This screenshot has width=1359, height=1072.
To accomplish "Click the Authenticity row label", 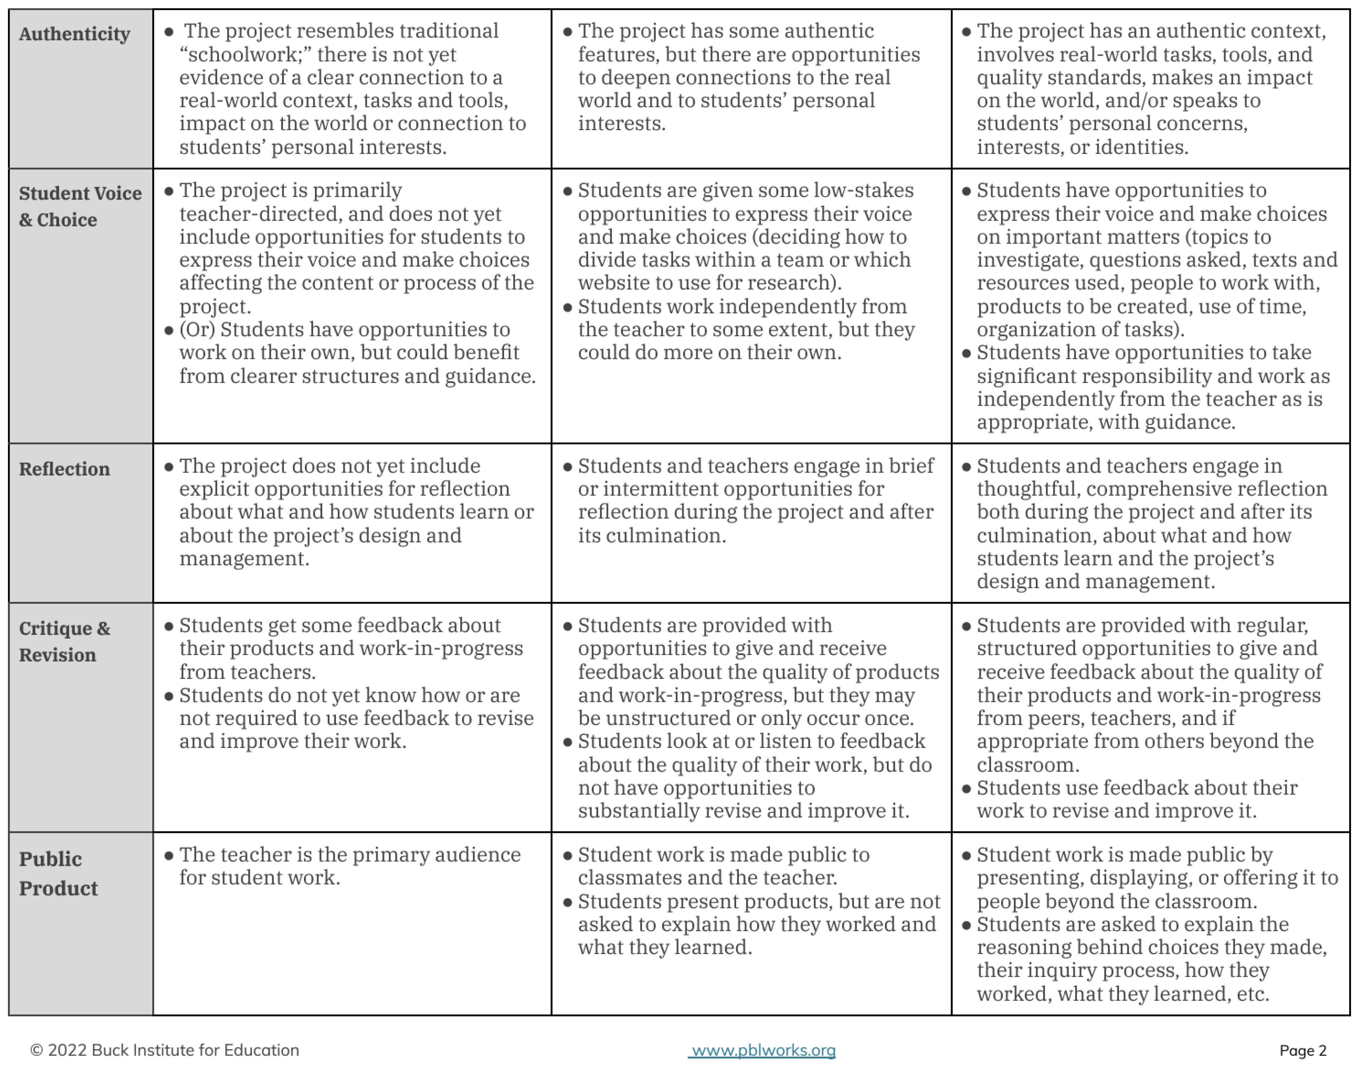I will coord(74,34).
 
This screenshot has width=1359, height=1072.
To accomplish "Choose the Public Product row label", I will coord(58,873).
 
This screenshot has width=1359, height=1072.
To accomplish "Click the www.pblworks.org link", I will coord(762,1050).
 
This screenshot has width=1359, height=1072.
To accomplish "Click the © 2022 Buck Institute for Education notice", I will coord(165,1050).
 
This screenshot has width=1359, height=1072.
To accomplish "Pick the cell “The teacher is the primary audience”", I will coord(349,866).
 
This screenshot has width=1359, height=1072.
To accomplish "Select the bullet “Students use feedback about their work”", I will coord(1137,799).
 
